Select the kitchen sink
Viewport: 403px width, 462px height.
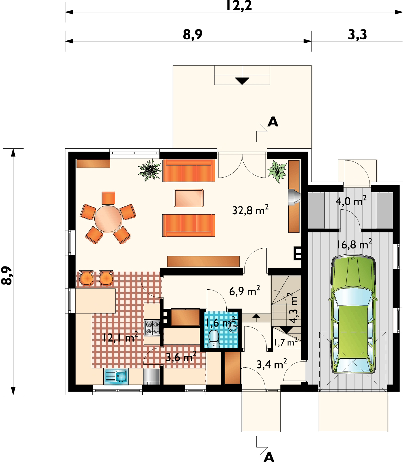(116, 377)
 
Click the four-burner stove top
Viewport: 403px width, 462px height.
(152, 328)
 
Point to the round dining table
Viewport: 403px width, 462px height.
(108, 219)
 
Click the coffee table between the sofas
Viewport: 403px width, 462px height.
(189, 198)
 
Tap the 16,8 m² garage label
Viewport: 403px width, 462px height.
(354, 244)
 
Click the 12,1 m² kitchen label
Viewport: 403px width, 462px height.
(120, 337)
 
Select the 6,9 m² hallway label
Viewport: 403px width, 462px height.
(245, 291)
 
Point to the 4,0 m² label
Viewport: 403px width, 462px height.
(351, 200)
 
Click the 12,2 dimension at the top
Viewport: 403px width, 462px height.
(239, 6)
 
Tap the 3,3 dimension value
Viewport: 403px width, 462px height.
(357, 35)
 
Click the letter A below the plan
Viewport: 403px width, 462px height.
(269, 457)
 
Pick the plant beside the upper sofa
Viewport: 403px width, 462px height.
(150, 170)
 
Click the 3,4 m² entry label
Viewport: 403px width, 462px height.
(272, 364)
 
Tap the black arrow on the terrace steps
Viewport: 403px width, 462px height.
(242, 81)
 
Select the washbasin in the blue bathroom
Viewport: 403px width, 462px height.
(233, 326)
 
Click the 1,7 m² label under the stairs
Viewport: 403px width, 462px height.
(286, 342)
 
